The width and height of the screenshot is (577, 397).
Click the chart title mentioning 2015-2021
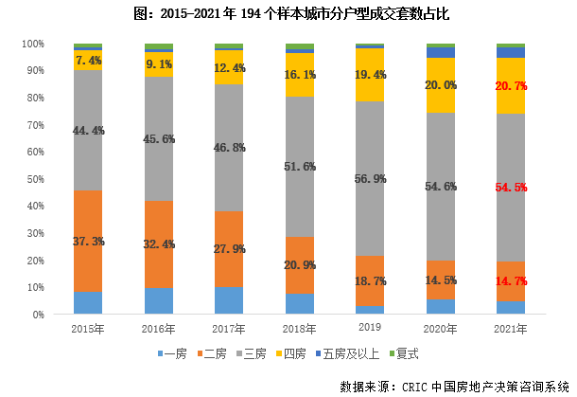point(288,14)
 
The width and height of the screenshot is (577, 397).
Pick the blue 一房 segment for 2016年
point(159,300)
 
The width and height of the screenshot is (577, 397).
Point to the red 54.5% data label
point(511,188)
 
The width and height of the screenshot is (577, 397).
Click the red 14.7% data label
point(511,281)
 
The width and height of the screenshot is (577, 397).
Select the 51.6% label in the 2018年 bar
point(300,167)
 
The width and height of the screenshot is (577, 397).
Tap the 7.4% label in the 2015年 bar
point(88,60)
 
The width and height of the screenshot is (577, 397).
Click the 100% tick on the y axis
point(33,45)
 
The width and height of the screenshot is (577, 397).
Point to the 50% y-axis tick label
point(35,179)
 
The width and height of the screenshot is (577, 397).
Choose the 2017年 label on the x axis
point(229,328)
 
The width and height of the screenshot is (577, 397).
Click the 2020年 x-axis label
point(441,328)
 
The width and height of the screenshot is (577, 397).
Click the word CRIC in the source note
point(411,386)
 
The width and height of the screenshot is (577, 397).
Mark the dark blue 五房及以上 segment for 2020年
point(441,52)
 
